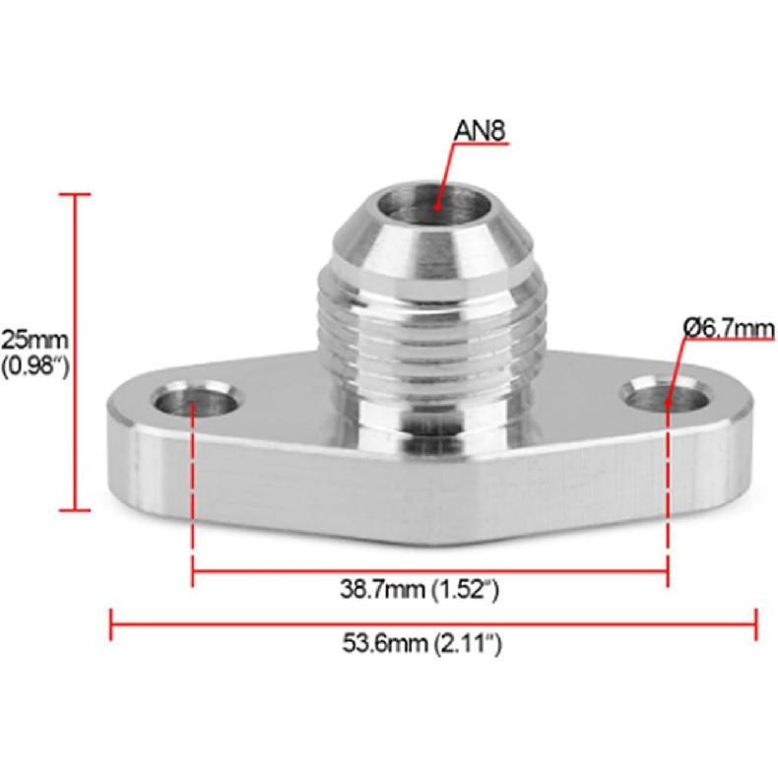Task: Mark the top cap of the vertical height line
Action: coord(75,195)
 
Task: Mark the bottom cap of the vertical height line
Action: coord(75,510)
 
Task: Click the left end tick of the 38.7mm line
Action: coord(192,571)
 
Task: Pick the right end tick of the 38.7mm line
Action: coord(669,571)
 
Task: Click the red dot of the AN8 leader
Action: coord(436,207)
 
